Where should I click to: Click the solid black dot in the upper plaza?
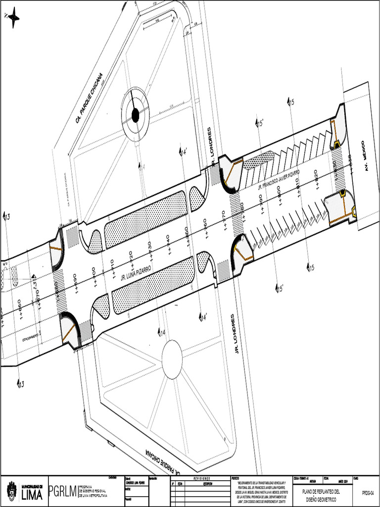(135, 115)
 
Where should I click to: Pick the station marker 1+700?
(94, 276)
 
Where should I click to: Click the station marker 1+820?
(316, 180)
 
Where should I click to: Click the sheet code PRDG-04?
(367, 493)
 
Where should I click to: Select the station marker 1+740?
(168, 245)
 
